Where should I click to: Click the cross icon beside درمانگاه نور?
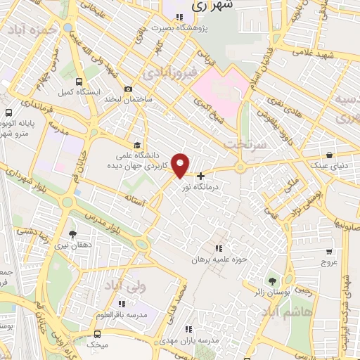pyautogui.click(x=201, y=176)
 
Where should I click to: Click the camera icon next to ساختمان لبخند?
pyautogui.click(x=128, y=89)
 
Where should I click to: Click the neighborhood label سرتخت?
pyautogui.click(x=244, y=143)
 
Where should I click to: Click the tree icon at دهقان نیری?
pyautogui.click(x=72, y=234)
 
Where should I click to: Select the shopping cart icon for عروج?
pyautogui.click(x=329, y=251)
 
